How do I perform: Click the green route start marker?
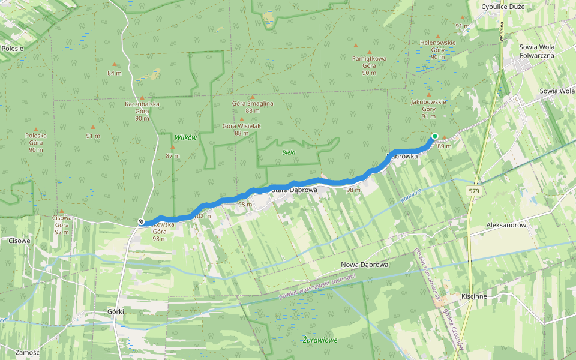coord(434,136)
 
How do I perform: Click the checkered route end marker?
coord(140,222)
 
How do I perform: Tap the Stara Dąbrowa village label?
coord(294,190)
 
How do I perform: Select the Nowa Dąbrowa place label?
coord(365,265)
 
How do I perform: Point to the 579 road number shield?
coord(475,190)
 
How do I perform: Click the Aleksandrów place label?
coord(506,225)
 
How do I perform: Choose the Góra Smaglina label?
coord(252,107)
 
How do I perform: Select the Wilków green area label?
coord(185,137)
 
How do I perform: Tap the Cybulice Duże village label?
coord(503,7)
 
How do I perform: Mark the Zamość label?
coord(28,352)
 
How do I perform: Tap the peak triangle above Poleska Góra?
coord(36,129)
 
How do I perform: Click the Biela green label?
coord(288,152)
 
